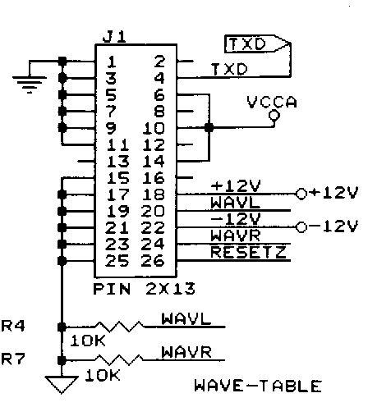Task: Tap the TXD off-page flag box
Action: (255, 45)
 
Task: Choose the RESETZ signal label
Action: (246, 251)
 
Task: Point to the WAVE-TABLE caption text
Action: (258, 386)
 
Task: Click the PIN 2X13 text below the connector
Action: (138, 289)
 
